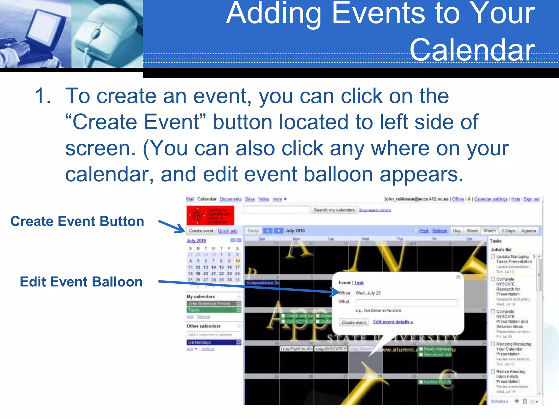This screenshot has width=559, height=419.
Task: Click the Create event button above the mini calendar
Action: [x=201, y=231]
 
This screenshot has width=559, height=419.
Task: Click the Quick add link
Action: [x=227, y=231]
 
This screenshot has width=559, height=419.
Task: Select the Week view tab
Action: [x=472, y=231]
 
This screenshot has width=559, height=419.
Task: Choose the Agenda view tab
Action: [x=528, y=231]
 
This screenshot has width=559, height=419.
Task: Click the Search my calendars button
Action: [x=334, y=210]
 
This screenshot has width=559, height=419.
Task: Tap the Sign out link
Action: [x=531, y=199]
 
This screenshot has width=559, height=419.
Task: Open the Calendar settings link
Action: [x=491, y=199]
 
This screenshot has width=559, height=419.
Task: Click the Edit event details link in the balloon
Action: [x=393, y=322]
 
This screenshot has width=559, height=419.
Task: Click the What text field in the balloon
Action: [x=406, y=303]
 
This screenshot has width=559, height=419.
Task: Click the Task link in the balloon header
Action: [x=359, y=283]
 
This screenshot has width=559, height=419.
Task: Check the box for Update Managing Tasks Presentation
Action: [x=493, y=257]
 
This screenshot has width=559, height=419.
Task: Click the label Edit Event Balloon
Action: [x=81, y=282]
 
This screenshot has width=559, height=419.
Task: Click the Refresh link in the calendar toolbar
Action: [x=439, y=231]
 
